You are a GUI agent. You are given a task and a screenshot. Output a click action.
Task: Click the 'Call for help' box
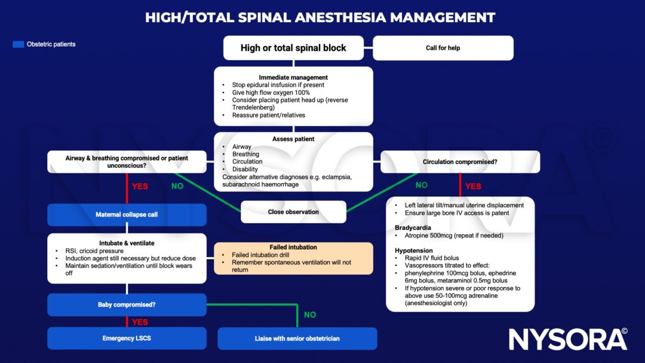click(x=443, y=48)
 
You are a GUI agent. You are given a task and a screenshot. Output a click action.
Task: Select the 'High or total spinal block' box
click(x=293, y=48)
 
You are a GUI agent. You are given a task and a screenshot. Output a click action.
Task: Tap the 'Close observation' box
click(x=293, y=212)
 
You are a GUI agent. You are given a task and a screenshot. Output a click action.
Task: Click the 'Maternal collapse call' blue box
click(x=127, y=214)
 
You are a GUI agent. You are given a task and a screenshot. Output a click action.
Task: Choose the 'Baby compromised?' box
click(x=127, y=304)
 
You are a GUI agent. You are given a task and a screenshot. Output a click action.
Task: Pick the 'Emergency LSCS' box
click(x=127, y=339)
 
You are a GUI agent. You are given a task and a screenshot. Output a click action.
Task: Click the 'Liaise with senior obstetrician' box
click(x=297, y=339)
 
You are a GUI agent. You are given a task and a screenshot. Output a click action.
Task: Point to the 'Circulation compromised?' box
click(x=460, y=162)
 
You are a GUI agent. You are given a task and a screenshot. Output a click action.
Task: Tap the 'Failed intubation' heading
click(x=293, y=247)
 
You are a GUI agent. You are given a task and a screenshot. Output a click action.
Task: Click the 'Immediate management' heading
click(x=293, y=78)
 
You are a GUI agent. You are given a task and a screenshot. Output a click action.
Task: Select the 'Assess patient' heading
click(x=293, y=139)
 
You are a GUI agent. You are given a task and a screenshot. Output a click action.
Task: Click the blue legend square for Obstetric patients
click(x=18, y=44)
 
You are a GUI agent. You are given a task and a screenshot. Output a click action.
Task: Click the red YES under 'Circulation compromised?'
click(x=472, y=186)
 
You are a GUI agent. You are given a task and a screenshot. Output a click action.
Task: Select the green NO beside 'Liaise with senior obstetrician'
click(x=310, y=315)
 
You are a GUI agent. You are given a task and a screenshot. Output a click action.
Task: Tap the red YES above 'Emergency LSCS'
click(x=140, y=322)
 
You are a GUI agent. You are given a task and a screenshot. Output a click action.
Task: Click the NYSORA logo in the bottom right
click(x=567, y=339)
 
